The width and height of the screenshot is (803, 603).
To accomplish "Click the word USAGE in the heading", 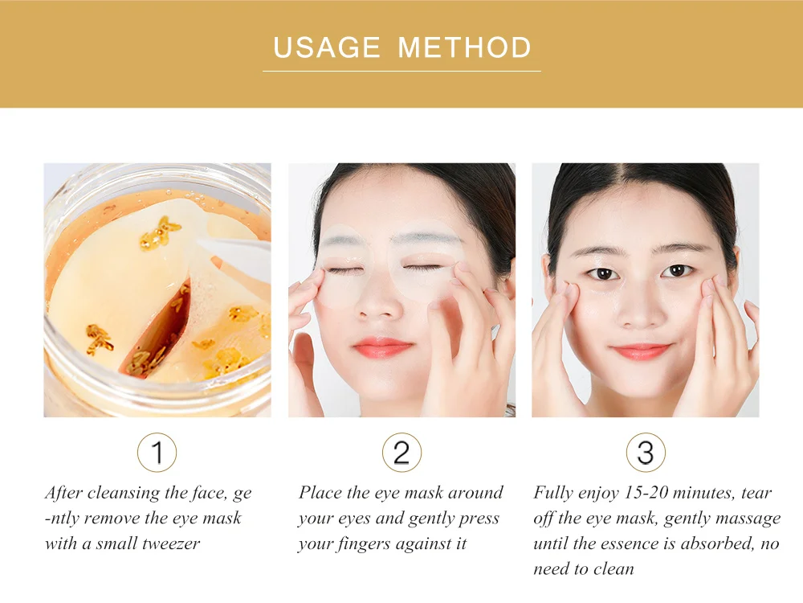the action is pyautogui.click(x=327, y=47).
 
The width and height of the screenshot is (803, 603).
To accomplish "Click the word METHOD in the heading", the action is pyautogui.click(x=464, y=47).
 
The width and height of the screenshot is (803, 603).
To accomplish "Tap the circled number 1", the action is pyautogui.click(x=157, y=452).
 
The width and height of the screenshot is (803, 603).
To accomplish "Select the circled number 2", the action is pyautogui.click(x=401, y=452).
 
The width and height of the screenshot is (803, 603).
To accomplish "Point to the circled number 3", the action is pyautogui.click(x=646, y=452).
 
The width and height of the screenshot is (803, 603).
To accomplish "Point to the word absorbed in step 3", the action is pyautogui.click(x=717, y=544).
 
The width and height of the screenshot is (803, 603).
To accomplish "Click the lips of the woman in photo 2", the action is pyautogui.click(x=382, y=347).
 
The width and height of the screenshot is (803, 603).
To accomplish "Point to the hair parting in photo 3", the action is pyautogui.click(x=645, y=177).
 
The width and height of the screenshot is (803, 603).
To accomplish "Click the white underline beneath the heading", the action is pyautogui.click(x=401, y=71).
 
